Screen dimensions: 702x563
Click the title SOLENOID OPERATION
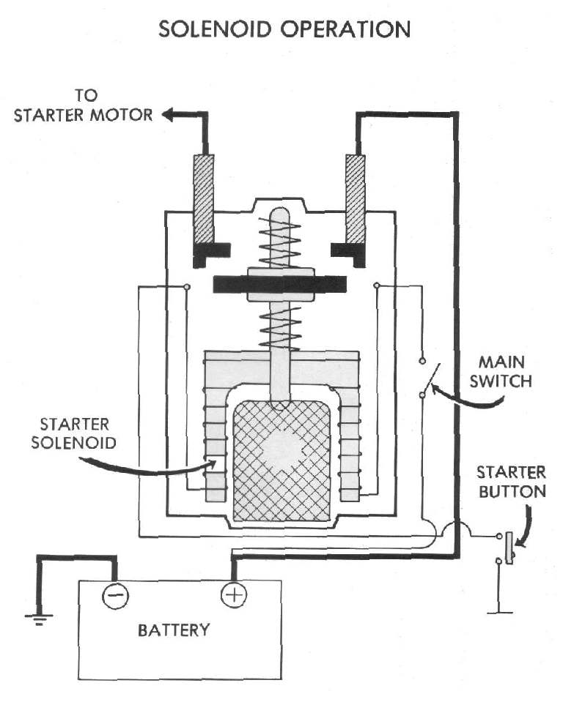point(284,29)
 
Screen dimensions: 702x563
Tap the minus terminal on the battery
point(116,594)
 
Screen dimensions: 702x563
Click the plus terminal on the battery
point(234,594)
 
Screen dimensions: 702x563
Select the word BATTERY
point(174,630)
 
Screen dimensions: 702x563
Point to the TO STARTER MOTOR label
point(84,105)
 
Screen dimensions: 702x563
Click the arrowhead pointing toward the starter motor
point(169,114)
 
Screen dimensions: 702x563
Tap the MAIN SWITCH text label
point(505,372)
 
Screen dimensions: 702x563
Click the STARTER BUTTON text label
point(512,481)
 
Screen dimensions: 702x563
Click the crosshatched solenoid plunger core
point(282,461)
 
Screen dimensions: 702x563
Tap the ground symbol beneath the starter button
point(499,608)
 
